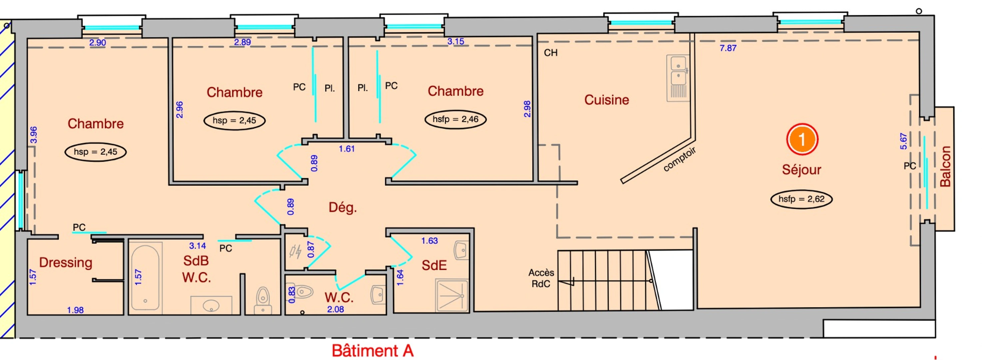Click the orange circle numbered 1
802,139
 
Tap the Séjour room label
801,169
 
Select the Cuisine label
607,100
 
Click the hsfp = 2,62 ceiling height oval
801,199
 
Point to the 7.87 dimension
728,48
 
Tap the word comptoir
679,159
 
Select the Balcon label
945,166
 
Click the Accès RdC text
541,278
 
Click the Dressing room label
66,262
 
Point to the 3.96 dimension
34,135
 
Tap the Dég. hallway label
342,207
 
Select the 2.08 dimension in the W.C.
335,309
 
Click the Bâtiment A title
372,350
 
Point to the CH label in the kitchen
551,53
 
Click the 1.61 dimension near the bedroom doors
346,149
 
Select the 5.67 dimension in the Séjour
903,141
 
